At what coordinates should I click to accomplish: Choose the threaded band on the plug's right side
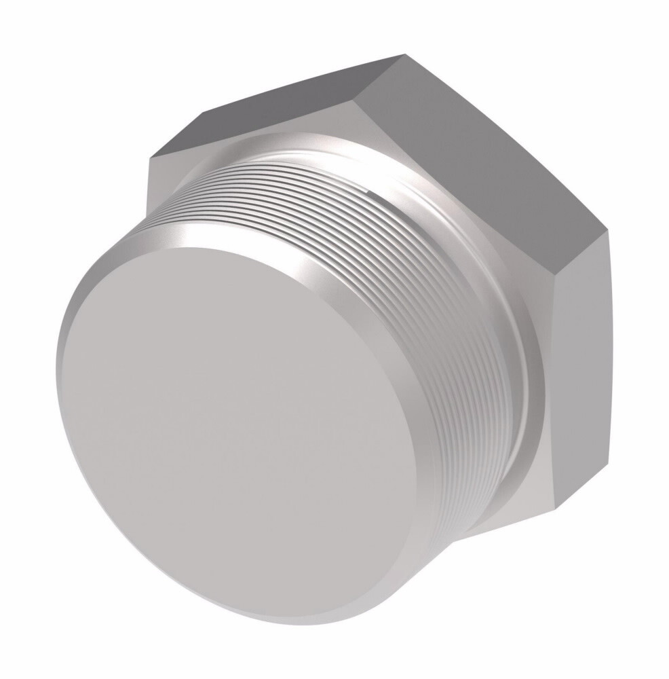coord(468,380)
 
